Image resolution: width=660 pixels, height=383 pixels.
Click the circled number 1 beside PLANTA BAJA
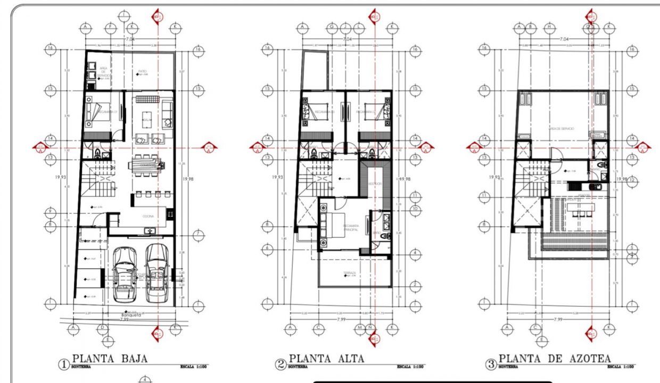point(64,364)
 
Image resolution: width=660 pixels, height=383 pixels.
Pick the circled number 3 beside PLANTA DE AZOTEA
point(491,364)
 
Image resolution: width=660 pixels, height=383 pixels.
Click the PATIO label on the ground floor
point(143,71)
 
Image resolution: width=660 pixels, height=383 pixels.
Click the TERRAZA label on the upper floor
point(349,272)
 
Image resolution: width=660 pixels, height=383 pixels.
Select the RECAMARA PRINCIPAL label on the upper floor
point(351,227)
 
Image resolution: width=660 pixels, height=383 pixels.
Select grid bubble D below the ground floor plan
point(102,328)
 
